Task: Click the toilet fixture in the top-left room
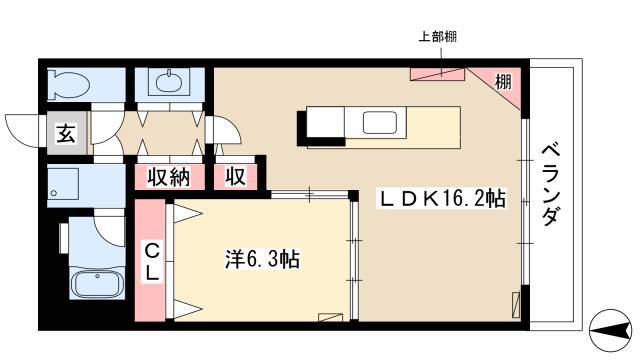pos(68,85)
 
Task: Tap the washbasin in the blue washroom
pos(169,82)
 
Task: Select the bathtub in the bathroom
pos(97,283)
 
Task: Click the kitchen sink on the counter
pos(380,122)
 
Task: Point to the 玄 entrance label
pos(66,133)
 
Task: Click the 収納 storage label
pos(169,177)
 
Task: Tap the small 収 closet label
pos(236,177)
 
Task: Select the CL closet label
pos(151,261)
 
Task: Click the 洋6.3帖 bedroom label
pos(262,259)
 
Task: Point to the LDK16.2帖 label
pos(442,199)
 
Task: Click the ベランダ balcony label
pos(550,185)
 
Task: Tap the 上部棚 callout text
pos(438,37)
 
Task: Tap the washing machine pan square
pos(63,183)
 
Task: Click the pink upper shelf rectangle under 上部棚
pos(438,74)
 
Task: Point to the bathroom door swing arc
pos(109,232)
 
